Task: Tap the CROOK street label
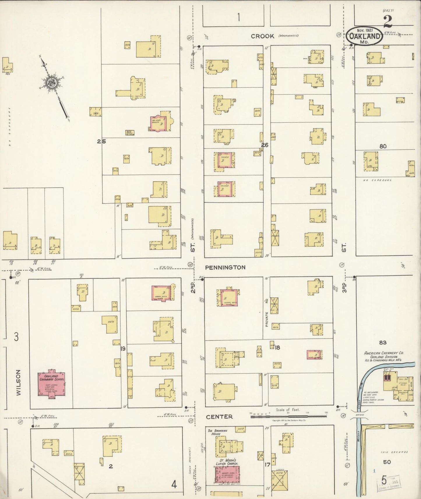pos(263,36)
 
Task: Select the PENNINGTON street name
pos(225,267)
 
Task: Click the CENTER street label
pos(219,417)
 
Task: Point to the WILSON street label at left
pos(19,382)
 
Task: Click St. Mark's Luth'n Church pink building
pos(228,474)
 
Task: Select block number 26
pos(264,145)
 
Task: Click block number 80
pos(383,146)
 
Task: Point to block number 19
pos(123,348)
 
